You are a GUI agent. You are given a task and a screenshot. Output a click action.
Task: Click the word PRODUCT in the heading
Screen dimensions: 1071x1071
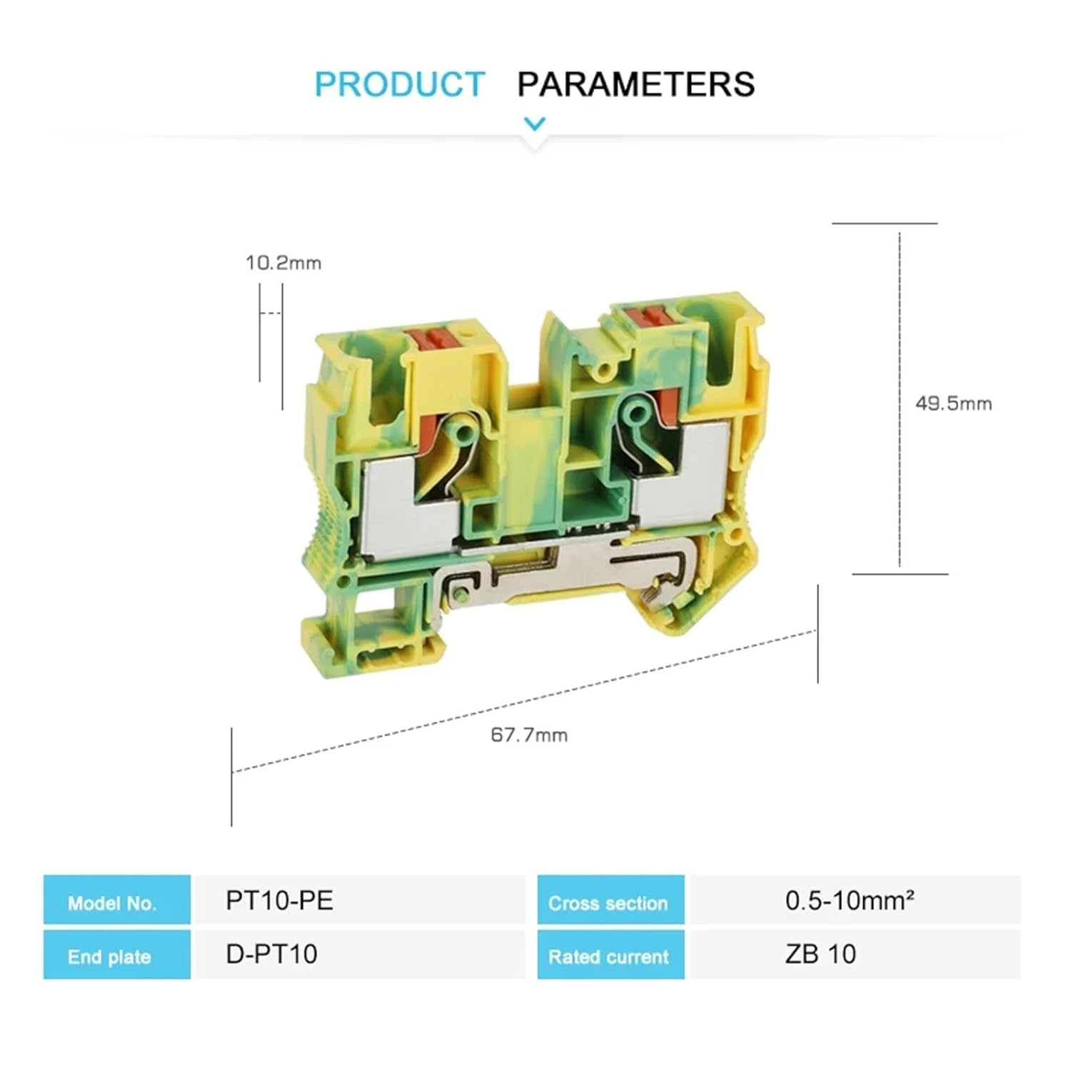tap(399, 84)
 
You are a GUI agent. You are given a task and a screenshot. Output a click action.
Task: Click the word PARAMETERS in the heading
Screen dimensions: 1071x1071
tap(635, 84)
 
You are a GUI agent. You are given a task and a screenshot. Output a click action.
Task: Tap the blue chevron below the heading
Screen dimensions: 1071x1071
tap(535, 124)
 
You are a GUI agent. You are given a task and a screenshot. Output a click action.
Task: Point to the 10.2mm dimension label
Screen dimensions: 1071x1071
tap(283, 263)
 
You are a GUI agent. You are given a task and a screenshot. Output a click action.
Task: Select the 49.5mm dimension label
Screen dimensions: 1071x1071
tap(953, 403)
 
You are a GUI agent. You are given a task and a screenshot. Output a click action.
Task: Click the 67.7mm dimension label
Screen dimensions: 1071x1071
tap(529, 735)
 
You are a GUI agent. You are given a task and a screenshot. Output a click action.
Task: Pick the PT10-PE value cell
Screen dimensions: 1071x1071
tap(279, 900)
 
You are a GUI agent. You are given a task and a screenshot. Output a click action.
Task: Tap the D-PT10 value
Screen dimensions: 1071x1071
tap(271, 954)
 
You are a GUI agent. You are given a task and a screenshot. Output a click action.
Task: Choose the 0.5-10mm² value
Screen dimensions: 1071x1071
tap(849, 900)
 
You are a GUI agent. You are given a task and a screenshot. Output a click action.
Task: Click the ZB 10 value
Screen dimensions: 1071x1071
tap(820, 954)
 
